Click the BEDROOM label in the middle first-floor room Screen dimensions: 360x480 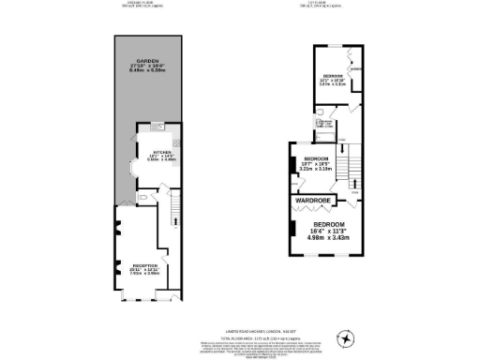[315, 159]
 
